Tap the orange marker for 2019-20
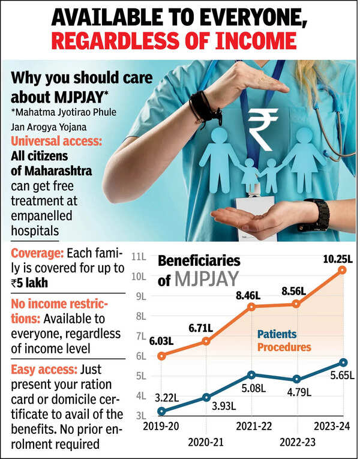click(x=161, y=355)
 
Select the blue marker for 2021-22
click(x=252, y=375)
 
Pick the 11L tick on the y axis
click(x=139, y=257)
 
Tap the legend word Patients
click(x=277, y=334)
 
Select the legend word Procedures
click(x=284, y=347)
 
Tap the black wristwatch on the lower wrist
click(x=316, y=215)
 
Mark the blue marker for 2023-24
click(x=343, y=362)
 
